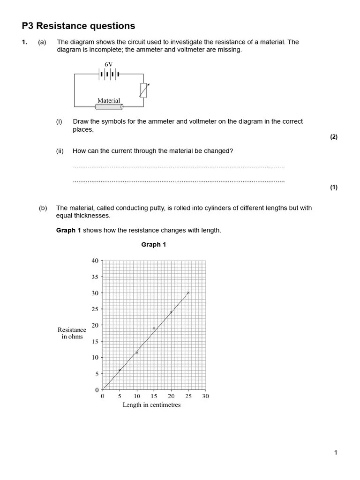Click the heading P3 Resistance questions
[78, 26]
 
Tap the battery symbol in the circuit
[109, 74]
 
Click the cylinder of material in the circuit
[109, 107]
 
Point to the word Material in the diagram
[109, 100]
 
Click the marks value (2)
[333, 137]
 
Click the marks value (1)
[333, 187]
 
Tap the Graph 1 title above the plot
[154, 245]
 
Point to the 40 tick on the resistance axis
[95, 261]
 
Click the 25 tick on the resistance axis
[95, 309]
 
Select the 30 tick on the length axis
[205, 396]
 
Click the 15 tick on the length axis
[154, 396]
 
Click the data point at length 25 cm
[188, 293]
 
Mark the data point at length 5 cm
[120, 370]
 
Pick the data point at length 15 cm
[154, 329]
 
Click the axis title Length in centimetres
[151, 405]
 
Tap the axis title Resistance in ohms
[72, 333]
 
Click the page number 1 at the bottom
[335, 452]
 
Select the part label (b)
[43, 208]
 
